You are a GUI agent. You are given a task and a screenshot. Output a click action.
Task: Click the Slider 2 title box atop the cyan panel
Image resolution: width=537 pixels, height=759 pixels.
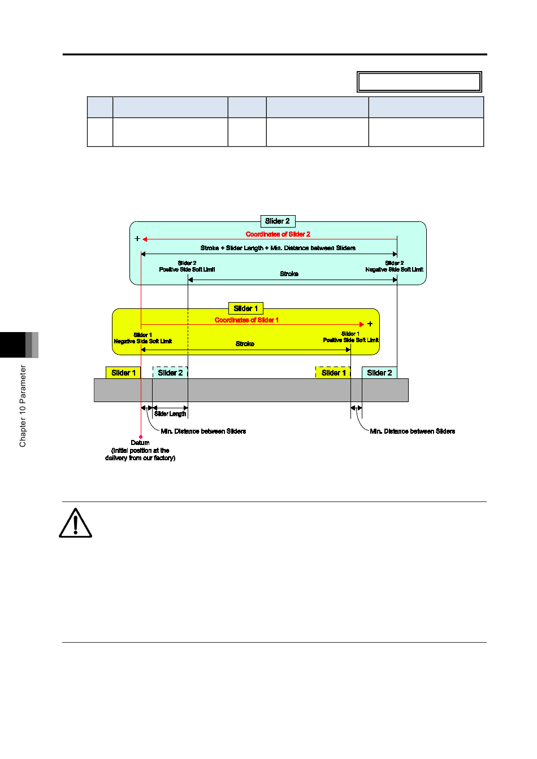278,221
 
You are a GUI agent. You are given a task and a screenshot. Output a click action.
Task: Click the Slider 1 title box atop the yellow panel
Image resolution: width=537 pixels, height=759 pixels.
245,308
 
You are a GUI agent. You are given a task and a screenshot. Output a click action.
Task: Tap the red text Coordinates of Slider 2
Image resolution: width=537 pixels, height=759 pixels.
278,234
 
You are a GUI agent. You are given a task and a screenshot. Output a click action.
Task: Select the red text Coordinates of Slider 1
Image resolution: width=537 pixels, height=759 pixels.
246,320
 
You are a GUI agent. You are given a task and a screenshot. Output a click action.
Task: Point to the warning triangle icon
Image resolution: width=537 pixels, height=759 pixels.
75,523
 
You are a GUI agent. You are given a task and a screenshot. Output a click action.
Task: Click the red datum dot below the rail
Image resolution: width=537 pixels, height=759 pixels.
141,437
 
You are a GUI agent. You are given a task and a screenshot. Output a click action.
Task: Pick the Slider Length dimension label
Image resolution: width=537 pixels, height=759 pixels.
170,414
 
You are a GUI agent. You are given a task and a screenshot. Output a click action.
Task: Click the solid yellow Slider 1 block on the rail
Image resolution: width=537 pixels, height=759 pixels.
123,373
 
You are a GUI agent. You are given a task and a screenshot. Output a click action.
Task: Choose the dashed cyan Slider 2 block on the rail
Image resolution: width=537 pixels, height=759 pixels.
170,373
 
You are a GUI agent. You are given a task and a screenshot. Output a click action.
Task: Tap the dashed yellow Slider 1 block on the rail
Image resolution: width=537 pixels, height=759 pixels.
333,373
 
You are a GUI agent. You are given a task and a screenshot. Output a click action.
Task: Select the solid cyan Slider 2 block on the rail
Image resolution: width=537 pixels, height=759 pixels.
379,373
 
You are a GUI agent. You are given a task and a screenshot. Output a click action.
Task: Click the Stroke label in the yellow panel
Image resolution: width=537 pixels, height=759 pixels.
245,344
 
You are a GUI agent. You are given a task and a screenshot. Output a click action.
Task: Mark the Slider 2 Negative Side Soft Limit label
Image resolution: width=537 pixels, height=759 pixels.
394,267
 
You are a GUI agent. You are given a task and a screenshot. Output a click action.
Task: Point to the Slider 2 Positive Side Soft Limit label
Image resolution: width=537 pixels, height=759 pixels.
187,267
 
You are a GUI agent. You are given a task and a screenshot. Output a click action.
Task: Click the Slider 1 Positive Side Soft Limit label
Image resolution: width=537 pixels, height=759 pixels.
351,337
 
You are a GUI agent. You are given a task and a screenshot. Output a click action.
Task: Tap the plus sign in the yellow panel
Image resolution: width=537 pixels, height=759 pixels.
370,324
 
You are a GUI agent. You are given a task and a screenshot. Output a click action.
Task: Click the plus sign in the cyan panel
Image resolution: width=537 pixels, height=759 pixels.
137,238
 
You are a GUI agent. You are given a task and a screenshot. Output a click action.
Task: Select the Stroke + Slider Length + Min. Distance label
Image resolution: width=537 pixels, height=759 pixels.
278,248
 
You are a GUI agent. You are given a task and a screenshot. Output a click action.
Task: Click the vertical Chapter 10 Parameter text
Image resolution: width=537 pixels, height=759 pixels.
23,406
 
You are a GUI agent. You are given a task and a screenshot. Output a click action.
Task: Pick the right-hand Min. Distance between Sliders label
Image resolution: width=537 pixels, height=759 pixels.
413,431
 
